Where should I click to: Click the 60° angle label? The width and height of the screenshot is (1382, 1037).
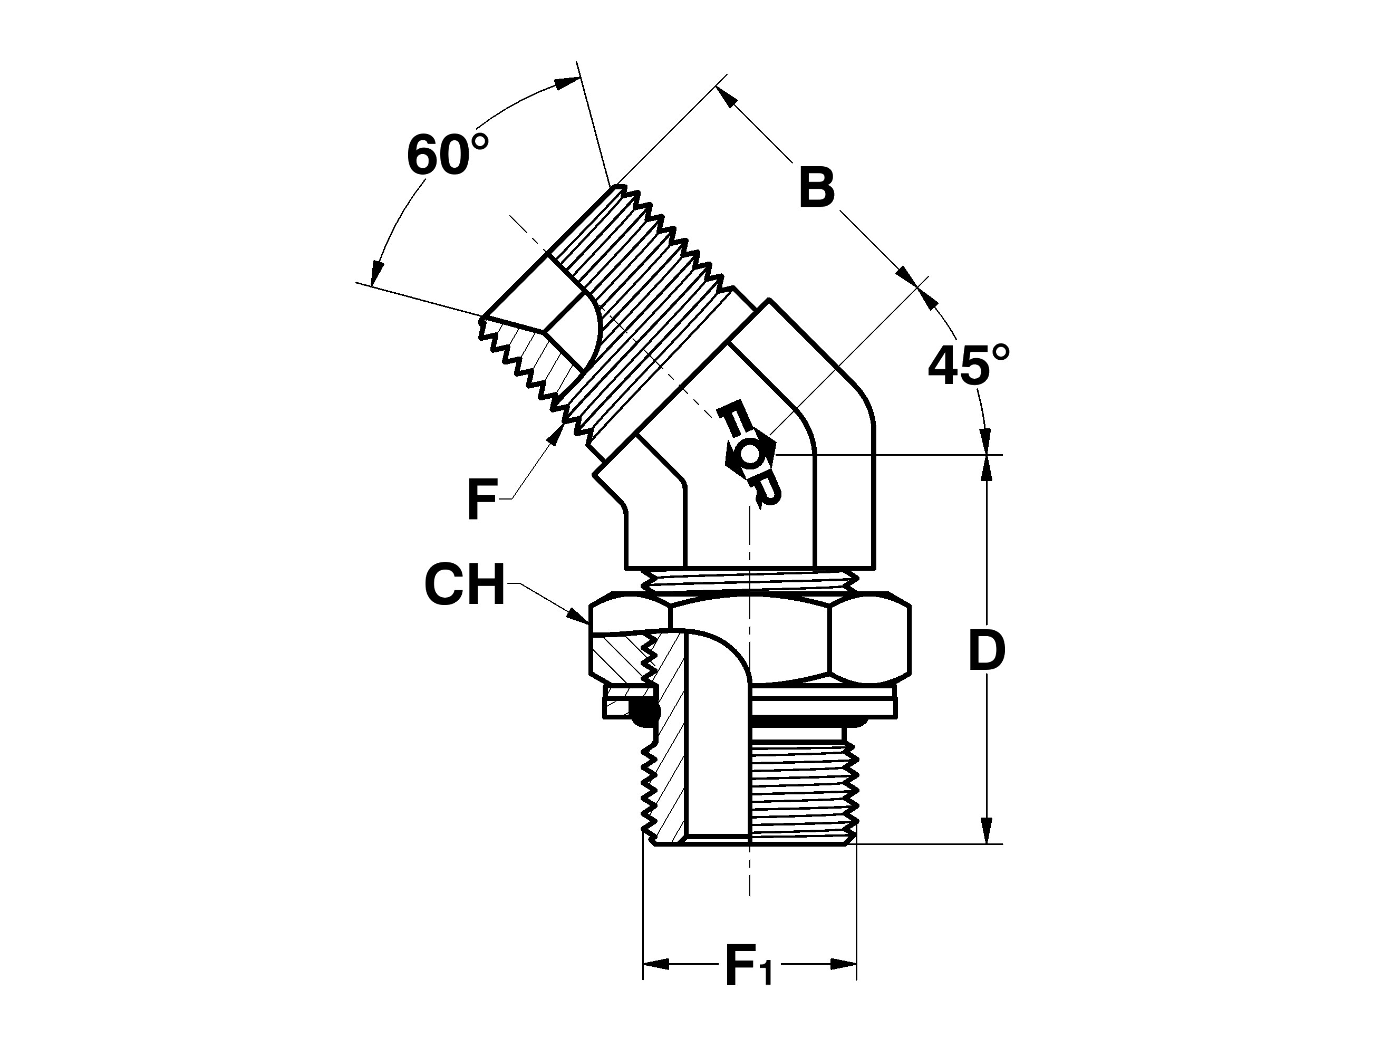(x=447, y=154)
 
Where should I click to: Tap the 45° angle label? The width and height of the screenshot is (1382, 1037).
(x=969, y=364)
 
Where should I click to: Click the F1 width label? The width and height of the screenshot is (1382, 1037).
(x=749, y=983)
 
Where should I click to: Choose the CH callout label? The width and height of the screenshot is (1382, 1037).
(x=464, y=584)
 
